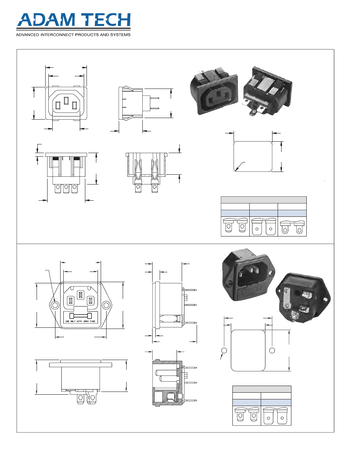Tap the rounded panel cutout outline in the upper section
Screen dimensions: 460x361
tap(252, 156)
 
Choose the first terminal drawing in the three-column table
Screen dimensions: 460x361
tap(235, 226)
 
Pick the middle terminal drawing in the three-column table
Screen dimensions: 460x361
tap(263, 226)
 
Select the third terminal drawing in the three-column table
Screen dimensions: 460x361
tap(292, 226)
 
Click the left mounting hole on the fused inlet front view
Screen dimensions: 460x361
tap(55, 305)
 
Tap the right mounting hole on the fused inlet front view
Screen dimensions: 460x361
tap(106, 305)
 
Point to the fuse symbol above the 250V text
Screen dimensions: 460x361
tap(80, 316)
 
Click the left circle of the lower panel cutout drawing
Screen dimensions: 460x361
tap(225, 351)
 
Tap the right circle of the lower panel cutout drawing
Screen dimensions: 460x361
tap(272, 351)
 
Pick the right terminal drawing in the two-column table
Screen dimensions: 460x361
tap(276, 416)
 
